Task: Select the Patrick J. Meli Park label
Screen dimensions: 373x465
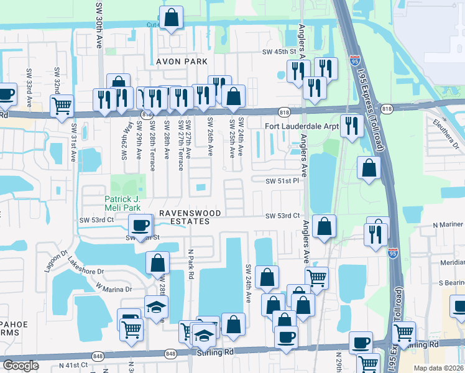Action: tap(122, 203)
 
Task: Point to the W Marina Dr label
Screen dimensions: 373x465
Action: tap(115, 288)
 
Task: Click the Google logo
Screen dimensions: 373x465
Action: tap(21, 366)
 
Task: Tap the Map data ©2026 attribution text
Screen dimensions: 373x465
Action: tap(439, 368)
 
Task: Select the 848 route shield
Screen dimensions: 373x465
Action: tap(171, 353)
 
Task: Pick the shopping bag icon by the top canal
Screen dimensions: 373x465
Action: tap(171, 18)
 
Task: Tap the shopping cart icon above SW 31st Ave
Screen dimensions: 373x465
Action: tap(62, 106)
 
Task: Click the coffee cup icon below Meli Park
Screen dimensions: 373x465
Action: tap(140, 226)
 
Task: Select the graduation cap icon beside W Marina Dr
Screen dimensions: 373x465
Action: tap(156, 307)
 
